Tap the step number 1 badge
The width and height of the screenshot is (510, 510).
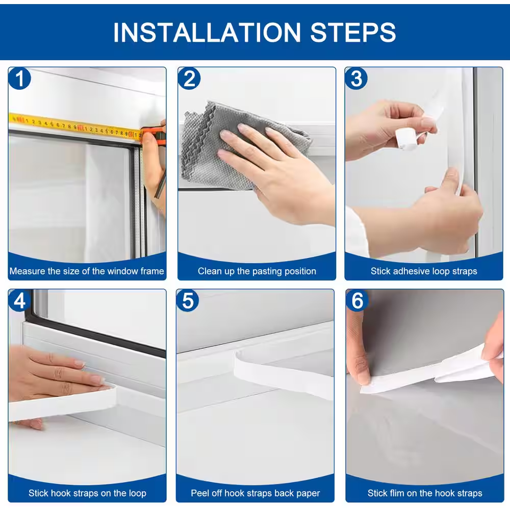[x=20, y=79]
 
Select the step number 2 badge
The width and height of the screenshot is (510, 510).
[x=189, y=79]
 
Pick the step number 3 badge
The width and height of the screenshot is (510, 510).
[x=356, y=79]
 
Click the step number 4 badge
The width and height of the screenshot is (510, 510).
[x=20, y=301]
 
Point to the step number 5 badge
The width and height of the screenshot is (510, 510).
[x=188, y=301]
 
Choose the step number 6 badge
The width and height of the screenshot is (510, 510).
[x=357, y=301]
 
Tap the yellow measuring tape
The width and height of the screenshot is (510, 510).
[x=71, y=125]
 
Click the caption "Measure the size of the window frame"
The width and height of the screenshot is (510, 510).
[x=87, y=271]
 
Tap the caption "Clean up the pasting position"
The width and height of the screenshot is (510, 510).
[x=257, y=271]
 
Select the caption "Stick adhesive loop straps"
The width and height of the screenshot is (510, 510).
[x=424, y=271]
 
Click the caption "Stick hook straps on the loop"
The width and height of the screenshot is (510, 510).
[x=87, y=493]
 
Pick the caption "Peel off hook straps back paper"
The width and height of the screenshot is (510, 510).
[x=256, y=493]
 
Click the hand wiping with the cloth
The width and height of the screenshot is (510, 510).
[x=275, y=168]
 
